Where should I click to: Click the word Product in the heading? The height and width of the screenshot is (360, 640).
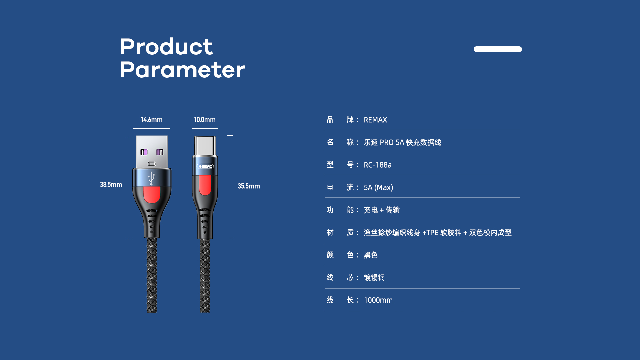click(166, 46)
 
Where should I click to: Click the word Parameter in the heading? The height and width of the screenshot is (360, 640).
click(182, 70)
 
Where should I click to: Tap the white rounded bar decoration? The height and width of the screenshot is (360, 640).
click(498, 49)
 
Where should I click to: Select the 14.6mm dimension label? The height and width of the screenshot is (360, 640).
click(152, 120)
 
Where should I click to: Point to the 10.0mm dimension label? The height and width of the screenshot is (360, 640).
click(205, 120)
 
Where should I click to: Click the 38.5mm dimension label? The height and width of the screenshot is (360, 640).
click(111, 185)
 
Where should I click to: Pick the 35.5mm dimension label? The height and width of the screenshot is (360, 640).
click(249, 186)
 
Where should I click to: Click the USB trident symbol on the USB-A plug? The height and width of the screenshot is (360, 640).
click(152, 178)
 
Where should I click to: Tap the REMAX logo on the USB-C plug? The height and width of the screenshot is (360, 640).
click(205, 166)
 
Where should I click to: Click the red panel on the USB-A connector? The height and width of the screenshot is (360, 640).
click(152, 194)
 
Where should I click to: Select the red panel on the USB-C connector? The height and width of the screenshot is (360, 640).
click(205, 185)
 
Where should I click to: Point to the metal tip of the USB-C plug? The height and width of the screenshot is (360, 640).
click(205, 146)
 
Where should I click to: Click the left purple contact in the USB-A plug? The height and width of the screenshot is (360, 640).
click(144, 152)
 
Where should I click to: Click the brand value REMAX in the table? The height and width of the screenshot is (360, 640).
click(375, 120)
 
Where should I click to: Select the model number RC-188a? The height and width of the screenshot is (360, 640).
click(378, 165)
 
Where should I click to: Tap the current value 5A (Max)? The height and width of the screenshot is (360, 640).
click(378, 188)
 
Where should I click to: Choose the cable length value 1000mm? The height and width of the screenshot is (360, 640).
click(378, 300)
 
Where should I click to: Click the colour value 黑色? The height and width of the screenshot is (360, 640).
click(371, 255)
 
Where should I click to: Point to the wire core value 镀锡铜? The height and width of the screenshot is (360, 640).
click(374, 278)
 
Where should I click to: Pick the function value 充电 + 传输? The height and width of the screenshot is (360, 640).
click(382, 210)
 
